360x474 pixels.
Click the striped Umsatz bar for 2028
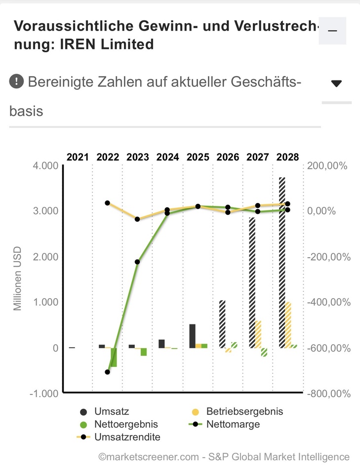tap(282, 262)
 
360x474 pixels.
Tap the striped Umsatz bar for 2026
tap(222, 323)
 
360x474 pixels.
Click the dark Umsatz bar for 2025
tap(192, 336)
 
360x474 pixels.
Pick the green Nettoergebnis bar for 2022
tap(114, 357)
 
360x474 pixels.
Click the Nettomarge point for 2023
tap(138, 262)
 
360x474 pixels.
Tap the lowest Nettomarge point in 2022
tap(108, 372)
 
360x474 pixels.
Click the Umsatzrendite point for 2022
tap(108, 203)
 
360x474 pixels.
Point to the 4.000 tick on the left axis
tap(46, 165)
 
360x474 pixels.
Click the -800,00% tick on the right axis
tap(329, 394)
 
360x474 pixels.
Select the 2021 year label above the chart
tap(78, 157)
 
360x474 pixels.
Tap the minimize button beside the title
tap(332, 31)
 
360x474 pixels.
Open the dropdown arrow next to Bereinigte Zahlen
tap(336, 83)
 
